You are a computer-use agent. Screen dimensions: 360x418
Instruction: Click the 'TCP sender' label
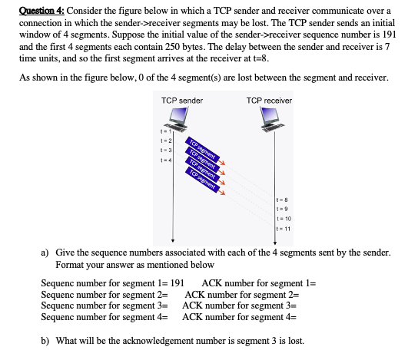(x=182, y=101)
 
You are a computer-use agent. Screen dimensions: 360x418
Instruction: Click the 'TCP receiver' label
(x=269, y=101)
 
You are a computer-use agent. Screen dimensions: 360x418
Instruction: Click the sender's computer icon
(x=177, y=118)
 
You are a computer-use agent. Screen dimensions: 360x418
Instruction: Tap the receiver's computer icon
(x=271, y=118)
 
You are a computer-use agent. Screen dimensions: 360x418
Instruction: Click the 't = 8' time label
(x=282, y=200)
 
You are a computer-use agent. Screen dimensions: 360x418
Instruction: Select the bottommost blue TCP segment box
(x=201, y=178)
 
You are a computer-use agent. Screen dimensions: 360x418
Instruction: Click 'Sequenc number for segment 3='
(x=104, y=305)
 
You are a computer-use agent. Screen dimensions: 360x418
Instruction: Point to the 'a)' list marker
(x=45, y=252)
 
